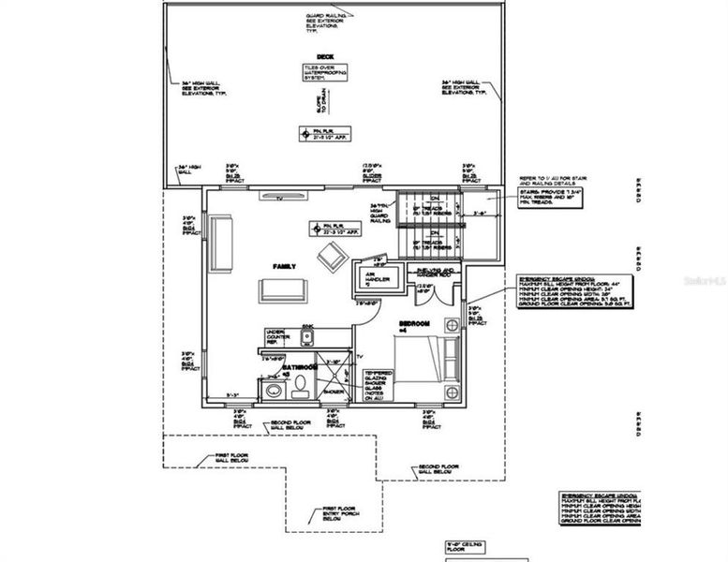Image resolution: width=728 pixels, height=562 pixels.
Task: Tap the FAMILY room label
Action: [285, 266]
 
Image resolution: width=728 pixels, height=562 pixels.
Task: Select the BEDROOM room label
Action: [415, 323]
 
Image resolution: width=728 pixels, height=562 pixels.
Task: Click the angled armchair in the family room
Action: [331, 256]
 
